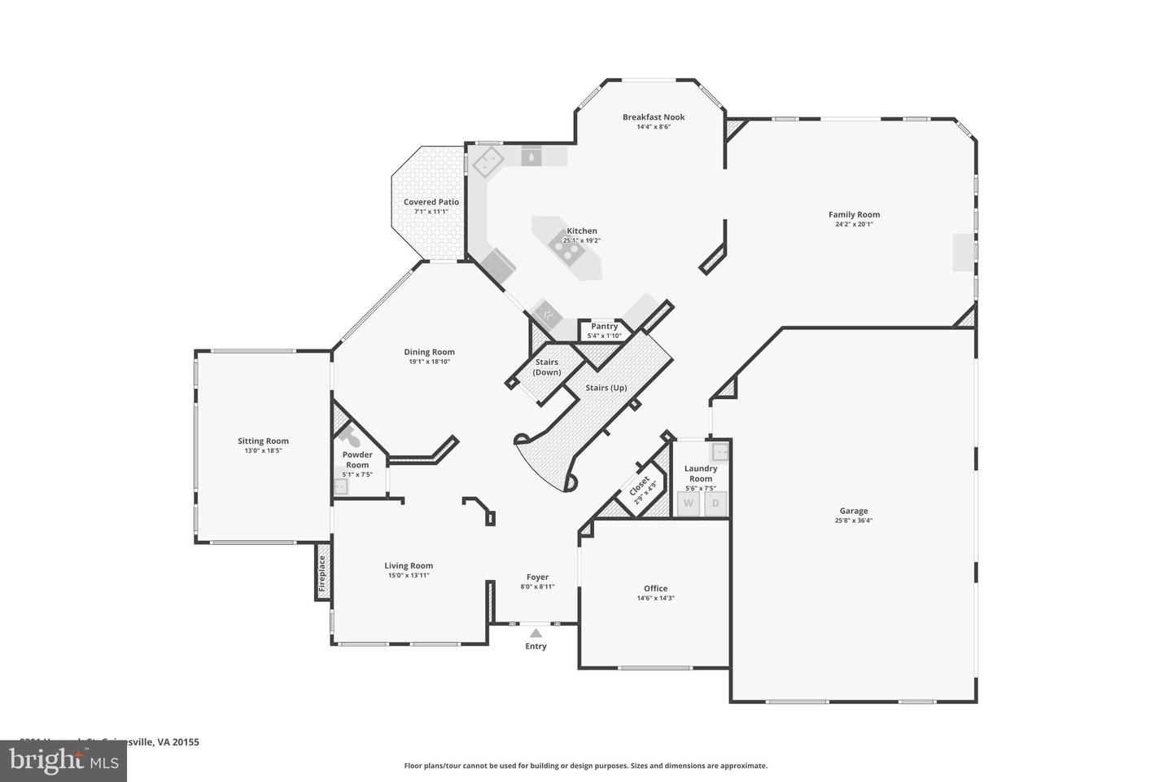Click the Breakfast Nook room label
[654, 117]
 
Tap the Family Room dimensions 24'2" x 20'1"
[854, 224]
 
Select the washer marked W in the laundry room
[689, 503]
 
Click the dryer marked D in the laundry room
[715, 503]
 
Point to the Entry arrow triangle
[536, 632]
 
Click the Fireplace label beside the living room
[322, 573]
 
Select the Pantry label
[604, 326]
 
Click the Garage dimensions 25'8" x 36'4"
[854, 521]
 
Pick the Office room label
[655, 588]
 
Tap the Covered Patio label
[431, 202]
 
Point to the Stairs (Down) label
[547, 367]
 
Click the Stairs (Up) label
[606, 388]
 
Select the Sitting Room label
[263, 441]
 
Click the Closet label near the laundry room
[640, 486]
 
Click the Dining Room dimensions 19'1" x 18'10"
[429, 362]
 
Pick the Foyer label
[537, 577]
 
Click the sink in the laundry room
[721, 450]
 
